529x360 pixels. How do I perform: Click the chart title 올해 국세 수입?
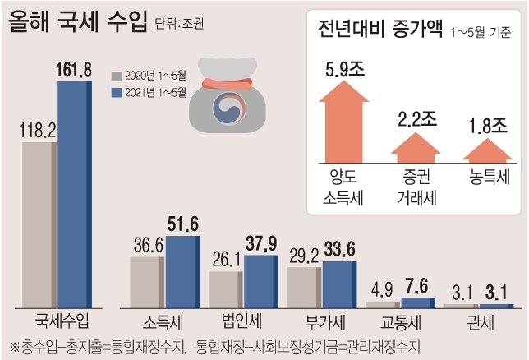[x=79, y=20]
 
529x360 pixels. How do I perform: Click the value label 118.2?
[x=38, y=129]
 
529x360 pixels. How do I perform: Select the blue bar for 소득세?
[x=182, y=271]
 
